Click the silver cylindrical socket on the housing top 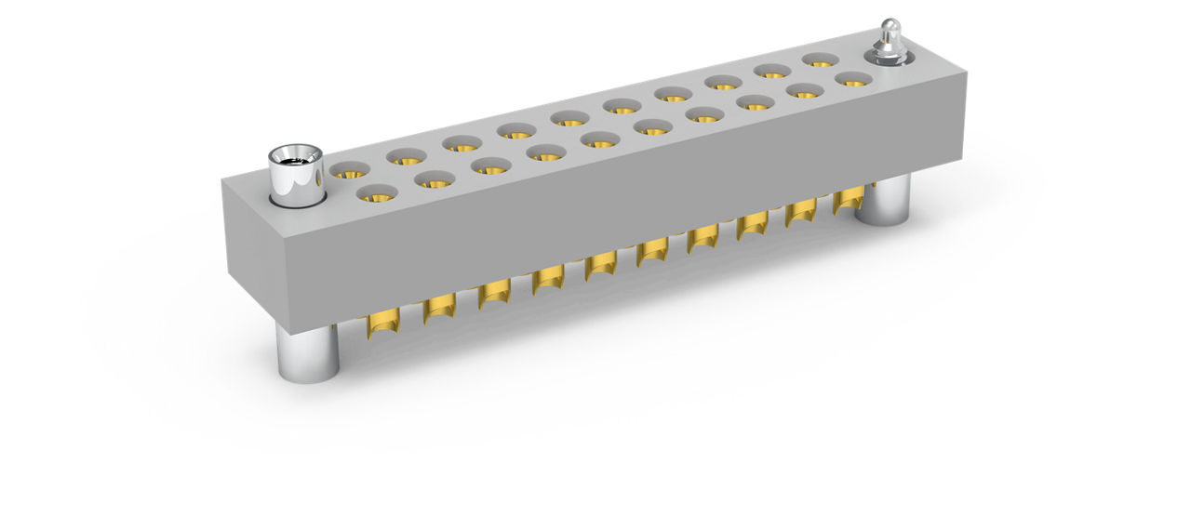pyautogui.click(x=295, y=173)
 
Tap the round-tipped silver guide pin pyautogui.click(x=890, y=42)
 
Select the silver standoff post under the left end pyautogui.click(x=308, y=353)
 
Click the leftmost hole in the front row pyautogui.click(x=377, y=193)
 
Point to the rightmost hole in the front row pyautogui.click(x=852, y=78)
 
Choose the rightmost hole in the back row pyautogui.click(x=820, y=60)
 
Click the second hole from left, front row pyautogui.click(x=433, y=179)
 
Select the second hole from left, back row pyautogui.click(x=407, y=156)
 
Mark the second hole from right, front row pyautogui.click(x=805, y=90)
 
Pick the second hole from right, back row pyautogui.click(x=771, y=70)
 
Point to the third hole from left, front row pyautogui.click(x=490, y=165)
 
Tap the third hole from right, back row pyautogui.click(x=722, y=81)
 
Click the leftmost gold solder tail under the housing pyautogui.click(x=382, y=324)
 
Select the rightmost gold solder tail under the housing pyautogui.click(x=849, y=200)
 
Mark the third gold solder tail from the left pyautogui.click(x=494, y=294)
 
